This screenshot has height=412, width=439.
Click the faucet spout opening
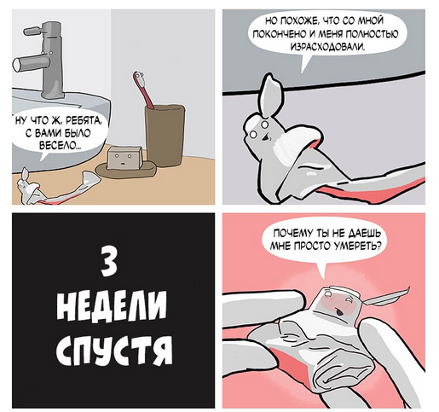(x=17, y=64)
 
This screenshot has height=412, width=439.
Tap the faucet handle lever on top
(x=33, y=30)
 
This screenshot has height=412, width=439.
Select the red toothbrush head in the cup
(x=140, y=79)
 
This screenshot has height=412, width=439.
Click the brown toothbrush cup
(x=165, y=135)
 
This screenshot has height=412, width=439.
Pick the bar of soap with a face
(x=124, y=158)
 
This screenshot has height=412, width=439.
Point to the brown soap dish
(x=126, y=170)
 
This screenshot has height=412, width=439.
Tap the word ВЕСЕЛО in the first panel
(x=59, y=147)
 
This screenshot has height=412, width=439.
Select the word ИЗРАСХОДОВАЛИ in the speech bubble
(x=327, y=47)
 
